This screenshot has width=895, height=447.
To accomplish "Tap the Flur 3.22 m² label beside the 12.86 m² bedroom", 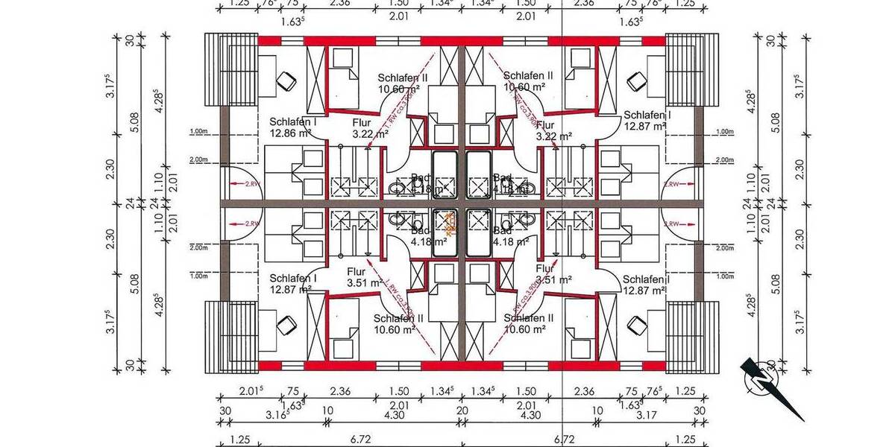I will (370, 129).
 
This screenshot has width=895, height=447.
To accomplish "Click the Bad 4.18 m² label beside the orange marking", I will (428, 236).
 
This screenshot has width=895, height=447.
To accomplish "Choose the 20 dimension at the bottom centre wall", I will (462, 410).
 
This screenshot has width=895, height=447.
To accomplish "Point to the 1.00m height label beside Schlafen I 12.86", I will (198, 132).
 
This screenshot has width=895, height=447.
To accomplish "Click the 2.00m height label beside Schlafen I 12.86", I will (198, 159).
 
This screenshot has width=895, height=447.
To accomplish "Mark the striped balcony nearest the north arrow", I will (685, 335).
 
